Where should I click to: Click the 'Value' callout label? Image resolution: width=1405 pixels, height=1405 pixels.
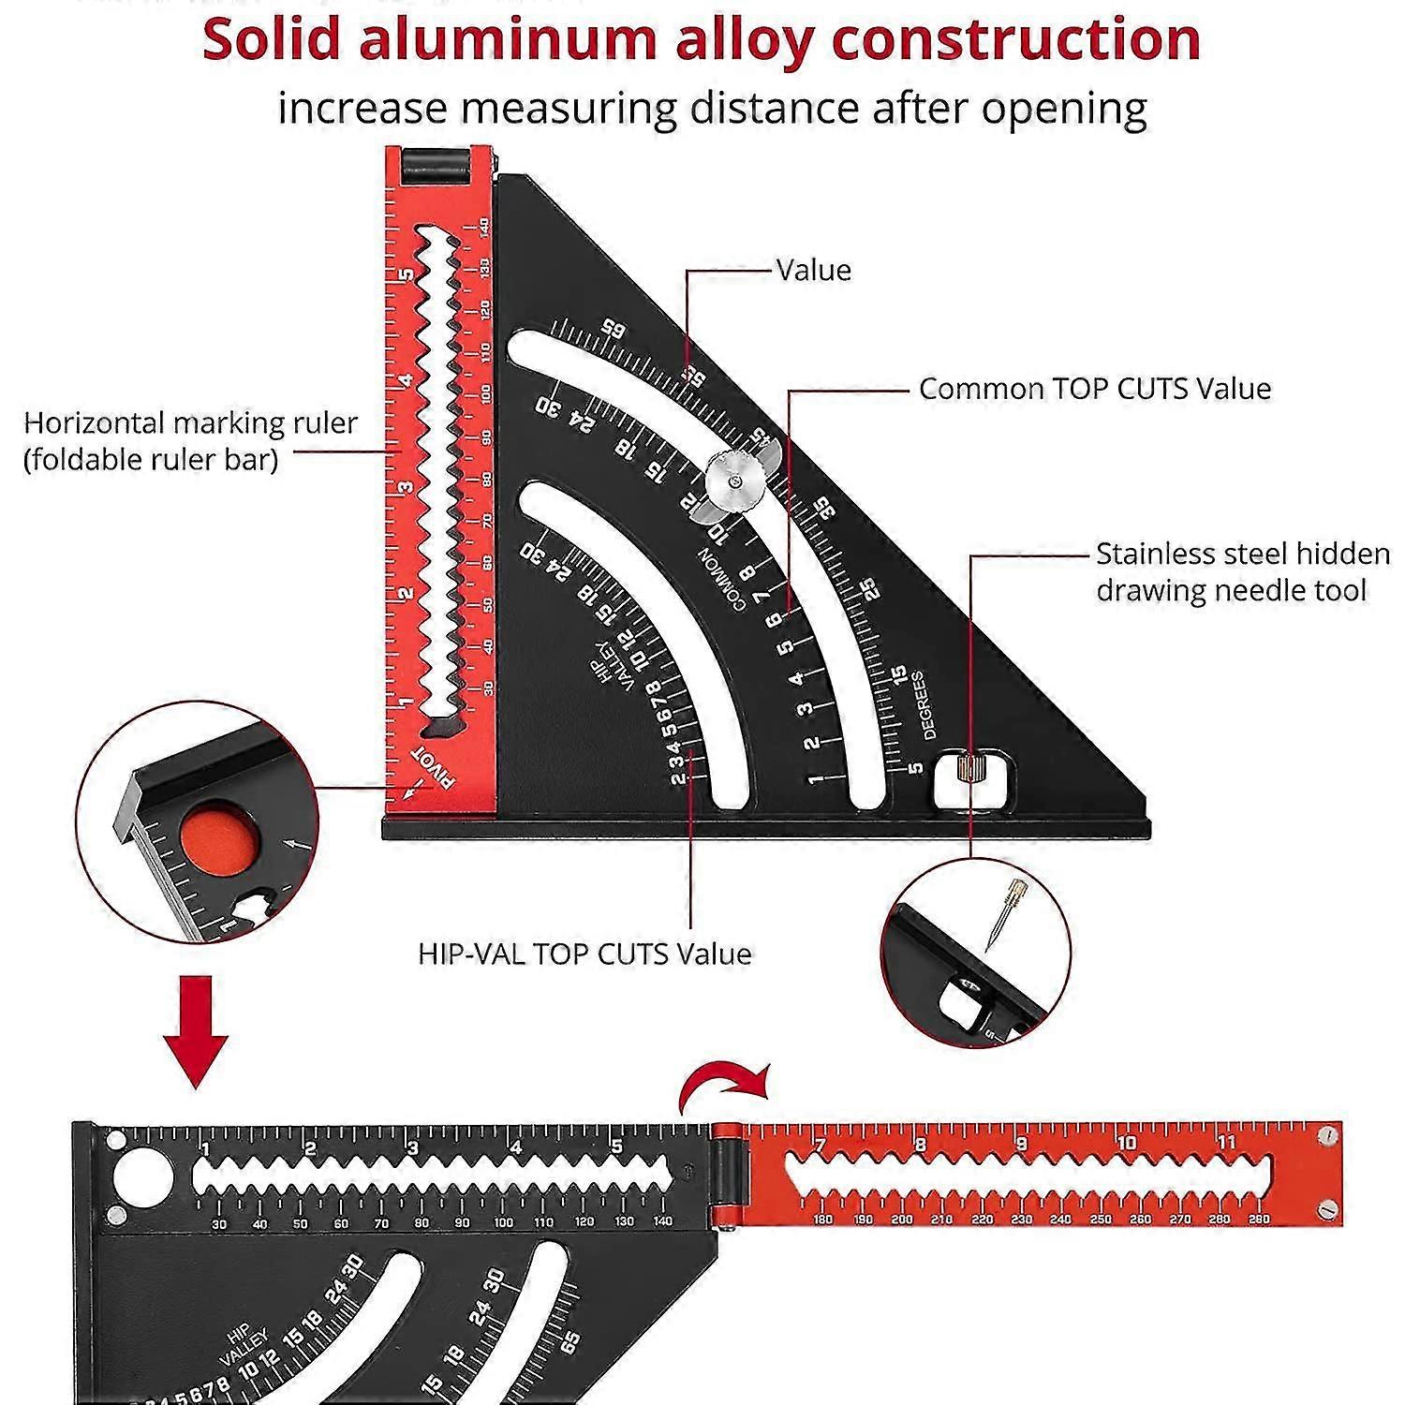coord(814,270)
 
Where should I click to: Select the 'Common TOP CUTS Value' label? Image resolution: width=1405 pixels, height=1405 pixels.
coord(1094,389)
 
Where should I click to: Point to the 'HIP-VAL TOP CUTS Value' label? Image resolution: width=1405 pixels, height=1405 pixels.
coord(584,954)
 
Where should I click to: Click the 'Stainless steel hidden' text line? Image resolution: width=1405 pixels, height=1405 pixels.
coord(1242,554)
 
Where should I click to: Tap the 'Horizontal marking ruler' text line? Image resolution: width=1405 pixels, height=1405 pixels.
coord(190,423)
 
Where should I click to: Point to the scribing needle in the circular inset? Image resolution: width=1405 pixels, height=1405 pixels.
coord(1003,913)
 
